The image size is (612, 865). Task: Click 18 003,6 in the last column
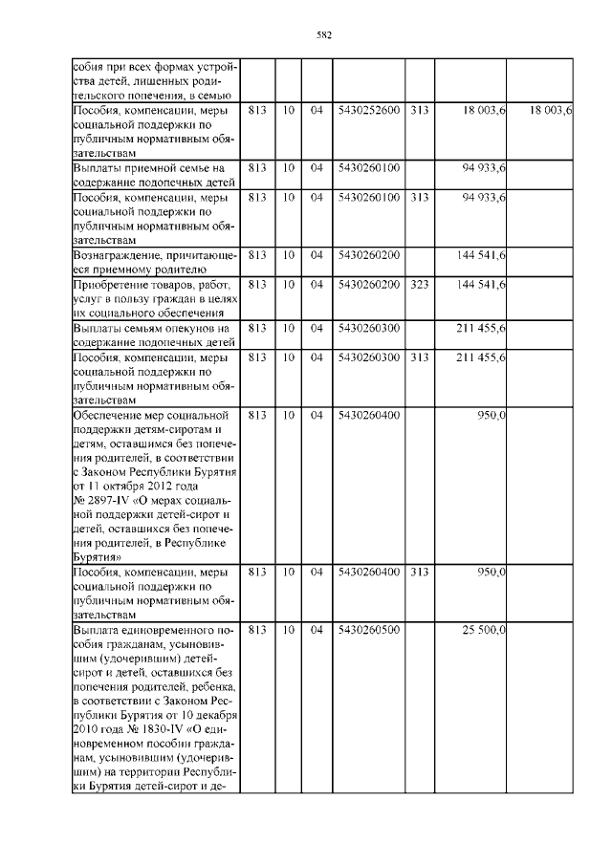[550, 112]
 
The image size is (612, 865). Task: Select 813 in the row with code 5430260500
[256, 630]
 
